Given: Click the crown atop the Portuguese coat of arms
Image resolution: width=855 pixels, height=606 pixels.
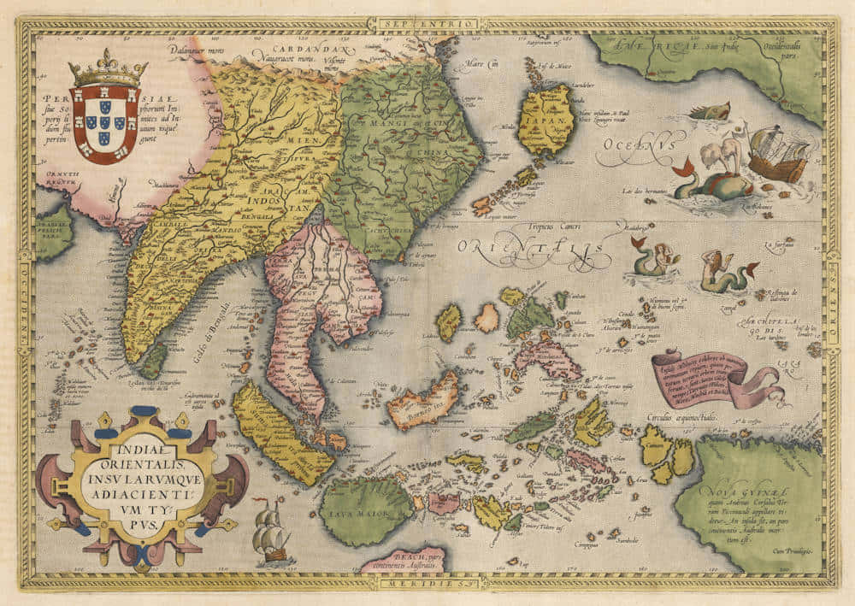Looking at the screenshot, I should coord(108,69).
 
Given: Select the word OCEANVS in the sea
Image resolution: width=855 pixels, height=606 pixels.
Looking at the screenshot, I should coord(629,151).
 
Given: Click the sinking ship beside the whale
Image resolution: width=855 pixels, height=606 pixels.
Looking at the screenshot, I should coord(777,155).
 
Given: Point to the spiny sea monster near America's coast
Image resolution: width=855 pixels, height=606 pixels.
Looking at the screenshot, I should coord(709,111).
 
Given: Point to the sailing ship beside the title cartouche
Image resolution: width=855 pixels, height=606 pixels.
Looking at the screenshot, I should coord(269,530).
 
